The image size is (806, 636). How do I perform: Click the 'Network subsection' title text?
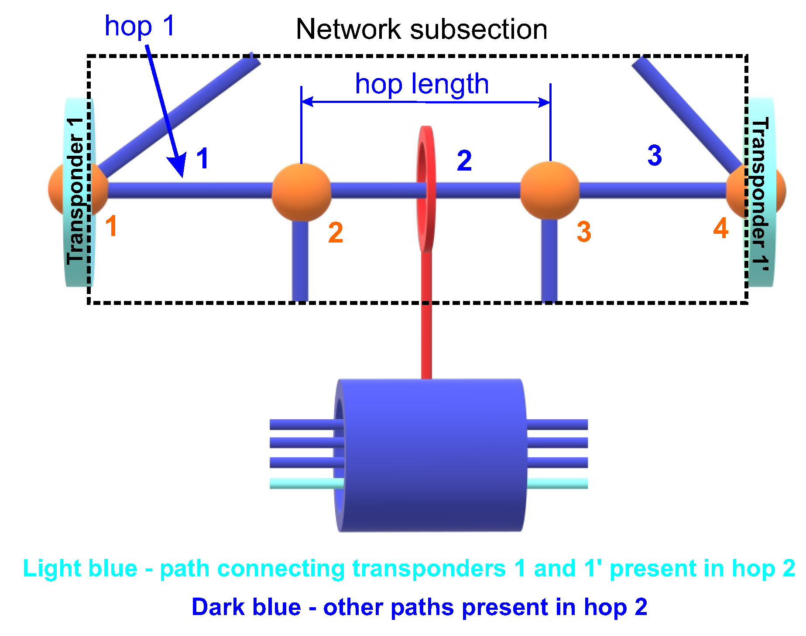tap(421, 30)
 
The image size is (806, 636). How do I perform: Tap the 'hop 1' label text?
tap(140, 26)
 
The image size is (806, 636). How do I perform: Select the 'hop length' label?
tap(422, 84)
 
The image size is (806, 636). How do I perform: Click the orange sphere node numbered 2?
tap(301, 192)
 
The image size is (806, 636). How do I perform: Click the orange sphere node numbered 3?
tap(550, 191)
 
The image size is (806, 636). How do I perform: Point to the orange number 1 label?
tap(111, 226)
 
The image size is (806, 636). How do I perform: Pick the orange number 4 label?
tap(720, 228)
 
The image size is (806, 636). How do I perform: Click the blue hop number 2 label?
tap(464, 161)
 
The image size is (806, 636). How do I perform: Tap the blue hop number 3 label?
tap(655, 155)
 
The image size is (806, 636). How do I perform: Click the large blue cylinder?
tap(432, 454)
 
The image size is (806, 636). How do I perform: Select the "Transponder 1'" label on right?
tap(760, 194)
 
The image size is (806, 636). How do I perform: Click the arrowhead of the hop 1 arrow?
tap(178, 166)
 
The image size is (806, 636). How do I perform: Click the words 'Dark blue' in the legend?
tap(246, 607)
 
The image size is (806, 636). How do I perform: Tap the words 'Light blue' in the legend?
tap(80, 568)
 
